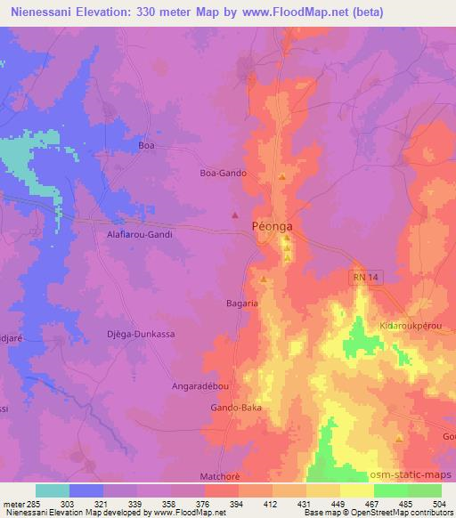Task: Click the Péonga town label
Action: point(272,227)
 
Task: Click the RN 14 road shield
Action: point(358,278)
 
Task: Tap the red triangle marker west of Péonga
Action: point(235,214)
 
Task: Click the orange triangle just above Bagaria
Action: point(264,279)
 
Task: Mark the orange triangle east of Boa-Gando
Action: point(282,176)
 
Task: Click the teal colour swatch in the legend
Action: point(53,490)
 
